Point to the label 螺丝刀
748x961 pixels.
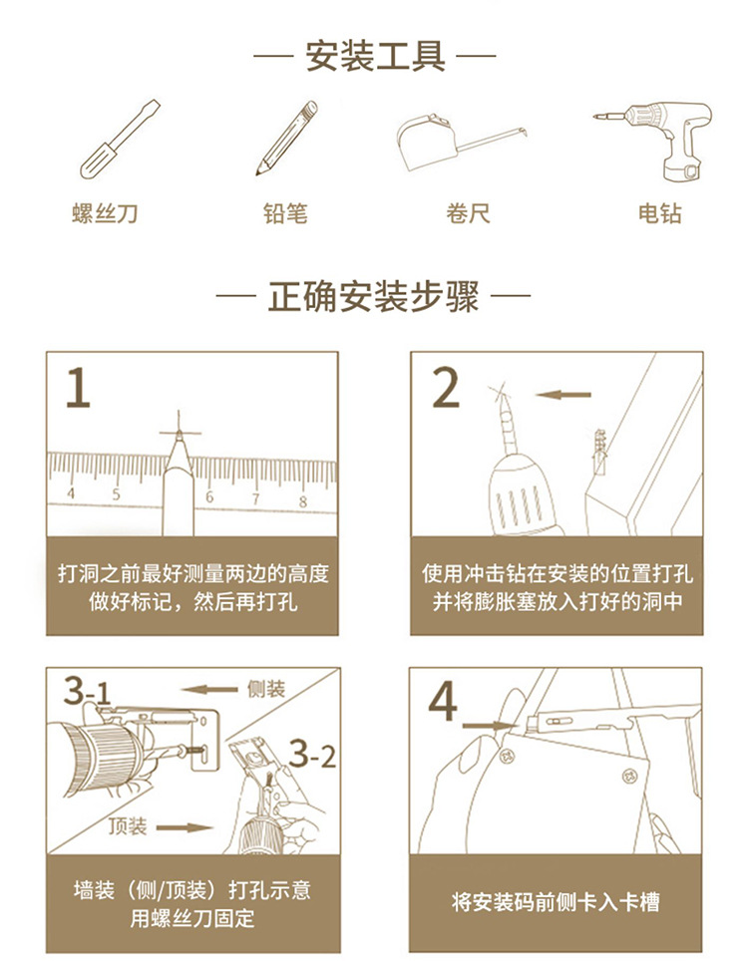[105, 214]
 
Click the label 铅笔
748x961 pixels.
[285, 214]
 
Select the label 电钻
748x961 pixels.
[660, 214]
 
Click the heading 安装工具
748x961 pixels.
[374, 56]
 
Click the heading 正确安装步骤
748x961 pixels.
[374, 297]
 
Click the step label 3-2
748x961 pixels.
[312, 755]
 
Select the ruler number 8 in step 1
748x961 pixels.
[303, 500]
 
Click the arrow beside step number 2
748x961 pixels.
[563, 395]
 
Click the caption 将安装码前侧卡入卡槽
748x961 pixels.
[556, 903]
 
